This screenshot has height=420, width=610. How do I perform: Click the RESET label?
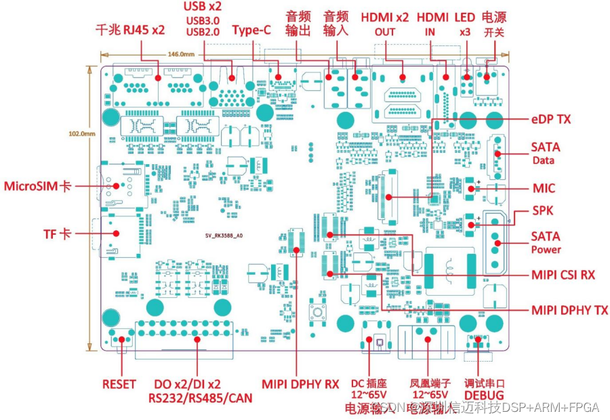[x=119, y=384]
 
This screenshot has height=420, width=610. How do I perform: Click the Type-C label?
[x=252, y=31]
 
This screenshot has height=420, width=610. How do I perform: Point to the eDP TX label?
[x=550, y=119]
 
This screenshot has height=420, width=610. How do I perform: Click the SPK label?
[x=543, y=211]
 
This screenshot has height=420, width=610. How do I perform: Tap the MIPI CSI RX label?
[x=563, y=275]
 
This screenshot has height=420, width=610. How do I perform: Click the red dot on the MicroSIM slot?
[x=115, y=186]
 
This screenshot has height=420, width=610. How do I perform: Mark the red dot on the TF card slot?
[x=116, y=233]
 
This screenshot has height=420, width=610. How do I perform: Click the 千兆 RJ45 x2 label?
[x=130, y=30]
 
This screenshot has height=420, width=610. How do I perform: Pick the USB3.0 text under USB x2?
[x=203, y=19]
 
